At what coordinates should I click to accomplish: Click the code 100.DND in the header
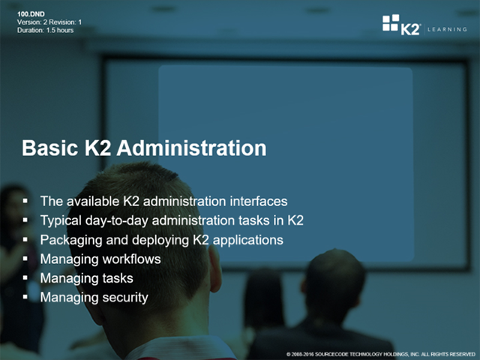tap(31, 14)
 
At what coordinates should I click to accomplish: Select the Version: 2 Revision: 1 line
tap(49, 22)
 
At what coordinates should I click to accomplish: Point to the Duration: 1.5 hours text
tap(45, 30)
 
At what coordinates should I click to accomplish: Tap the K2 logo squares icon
tap(391, 22)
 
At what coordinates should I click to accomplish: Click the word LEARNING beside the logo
tap(447, 29)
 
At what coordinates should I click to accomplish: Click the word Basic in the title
tap(49, 148)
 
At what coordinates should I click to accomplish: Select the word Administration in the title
tap(192, 148)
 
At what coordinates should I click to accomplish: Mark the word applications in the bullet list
tap(248, 240)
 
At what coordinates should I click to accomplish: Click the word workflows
tap(131, 259)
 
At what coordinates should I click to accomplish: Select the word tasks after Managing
tap(118, 278)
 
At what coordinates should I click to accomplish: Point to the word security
tap(125, 298)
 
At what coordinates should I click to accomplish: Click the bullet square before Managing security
tap(25, 296)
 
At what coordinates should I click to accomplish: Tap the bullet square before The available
tap(25, 200)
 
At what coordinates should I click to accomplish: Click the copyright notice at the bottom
tap(380, 354)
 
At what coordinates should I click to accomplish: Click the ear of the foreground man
tap(215, 268)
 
